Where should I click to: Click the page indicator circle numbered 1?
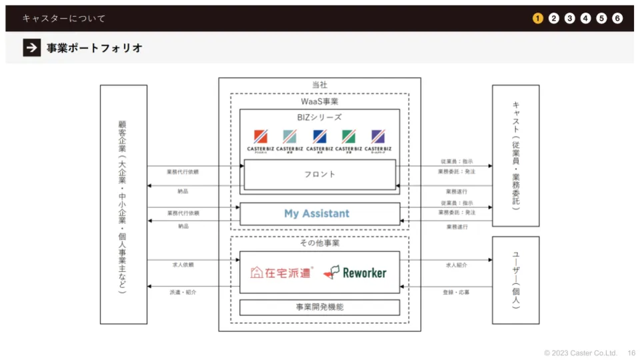[x=537, y=18]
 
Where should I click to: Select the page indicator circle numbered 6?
[x=617, y=18]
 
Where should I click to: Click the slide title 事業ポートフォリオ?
[x=94, y=48]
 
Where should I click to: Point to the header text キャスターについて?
[x=63, y=18]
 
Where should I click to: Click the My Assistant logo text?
[x=317, y=213]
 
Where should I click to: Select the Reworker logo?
[x=355, y=272]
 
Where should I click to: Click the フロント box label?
[x=319, y=174]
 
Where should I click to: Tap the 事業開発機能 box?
[x=320, y=307]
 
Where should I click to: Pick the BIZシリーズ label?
[x=319, y=117]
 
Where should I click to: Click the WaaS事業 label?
[x=319, y=101]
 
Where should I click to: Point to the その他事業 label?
[x=319, y=243]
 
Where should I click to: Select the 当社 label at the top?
[x=319, y=85]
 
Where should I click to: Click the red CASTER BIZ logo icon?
[x=261, y=136]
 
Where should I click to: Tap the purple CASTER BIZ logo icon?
[x=378, y=136]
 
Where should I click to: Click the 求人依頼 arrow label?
[x=183, y=265]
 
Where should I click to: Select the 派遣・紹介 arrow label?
[x=183, y=292]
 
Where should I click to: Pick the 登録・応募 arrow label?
[x=456, y=292]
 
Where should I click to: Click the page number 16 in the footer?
[x=631, y=353]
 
